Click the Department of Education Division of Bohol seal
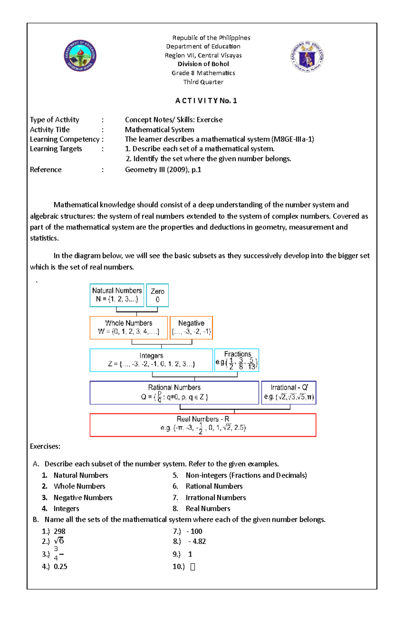[x=80, y=56]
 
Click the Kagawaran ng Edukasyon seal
[x=307, y=57]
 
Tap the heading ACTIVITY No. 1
[x=206, y=101]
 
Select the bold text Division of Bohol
[x=203, y=64]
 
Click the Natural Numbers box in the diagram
[x=117, y=295]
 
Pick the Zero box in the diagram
[x=157, y=295]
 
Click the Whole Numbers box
[x=129, y=327]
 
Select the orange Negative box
[x=191, y=327]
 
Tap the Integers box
[x=151, y=360]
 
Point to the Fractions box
[x=237, y=360]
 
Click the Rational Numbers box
[x=174, y=392]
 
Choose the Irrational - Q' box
[x=289, y=392]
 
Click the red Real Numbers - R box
[x=203, y=425]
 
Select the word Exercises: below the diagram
[x=45, y=447]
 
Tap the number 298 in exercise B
[x=60, y=531]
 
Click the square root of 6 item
[x=59, y=541]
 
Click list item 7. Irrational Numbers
[x=215, y=498]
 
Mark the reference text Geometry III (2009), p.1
[x=163, y=170]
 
